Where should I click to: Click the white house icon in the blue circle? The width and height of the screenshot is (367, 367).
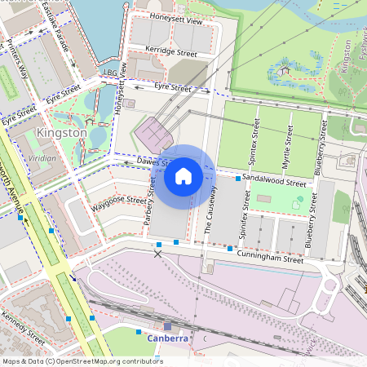(x=183, y=176)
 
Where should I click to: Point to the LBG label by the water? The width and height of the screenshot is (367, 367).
(x=110, y=73)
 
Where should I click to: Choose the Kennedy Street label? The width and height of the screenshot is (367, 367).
(x=23, y=326)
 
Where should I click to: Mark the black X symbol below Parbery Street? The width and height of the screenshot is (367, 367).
(x=158, y=254)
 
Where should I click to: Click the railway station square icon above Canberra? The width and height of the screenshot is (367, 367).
(x=168, y=326)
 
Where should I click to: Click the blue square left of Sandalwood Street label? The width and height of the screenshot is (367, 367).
(x=238, y=178)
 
